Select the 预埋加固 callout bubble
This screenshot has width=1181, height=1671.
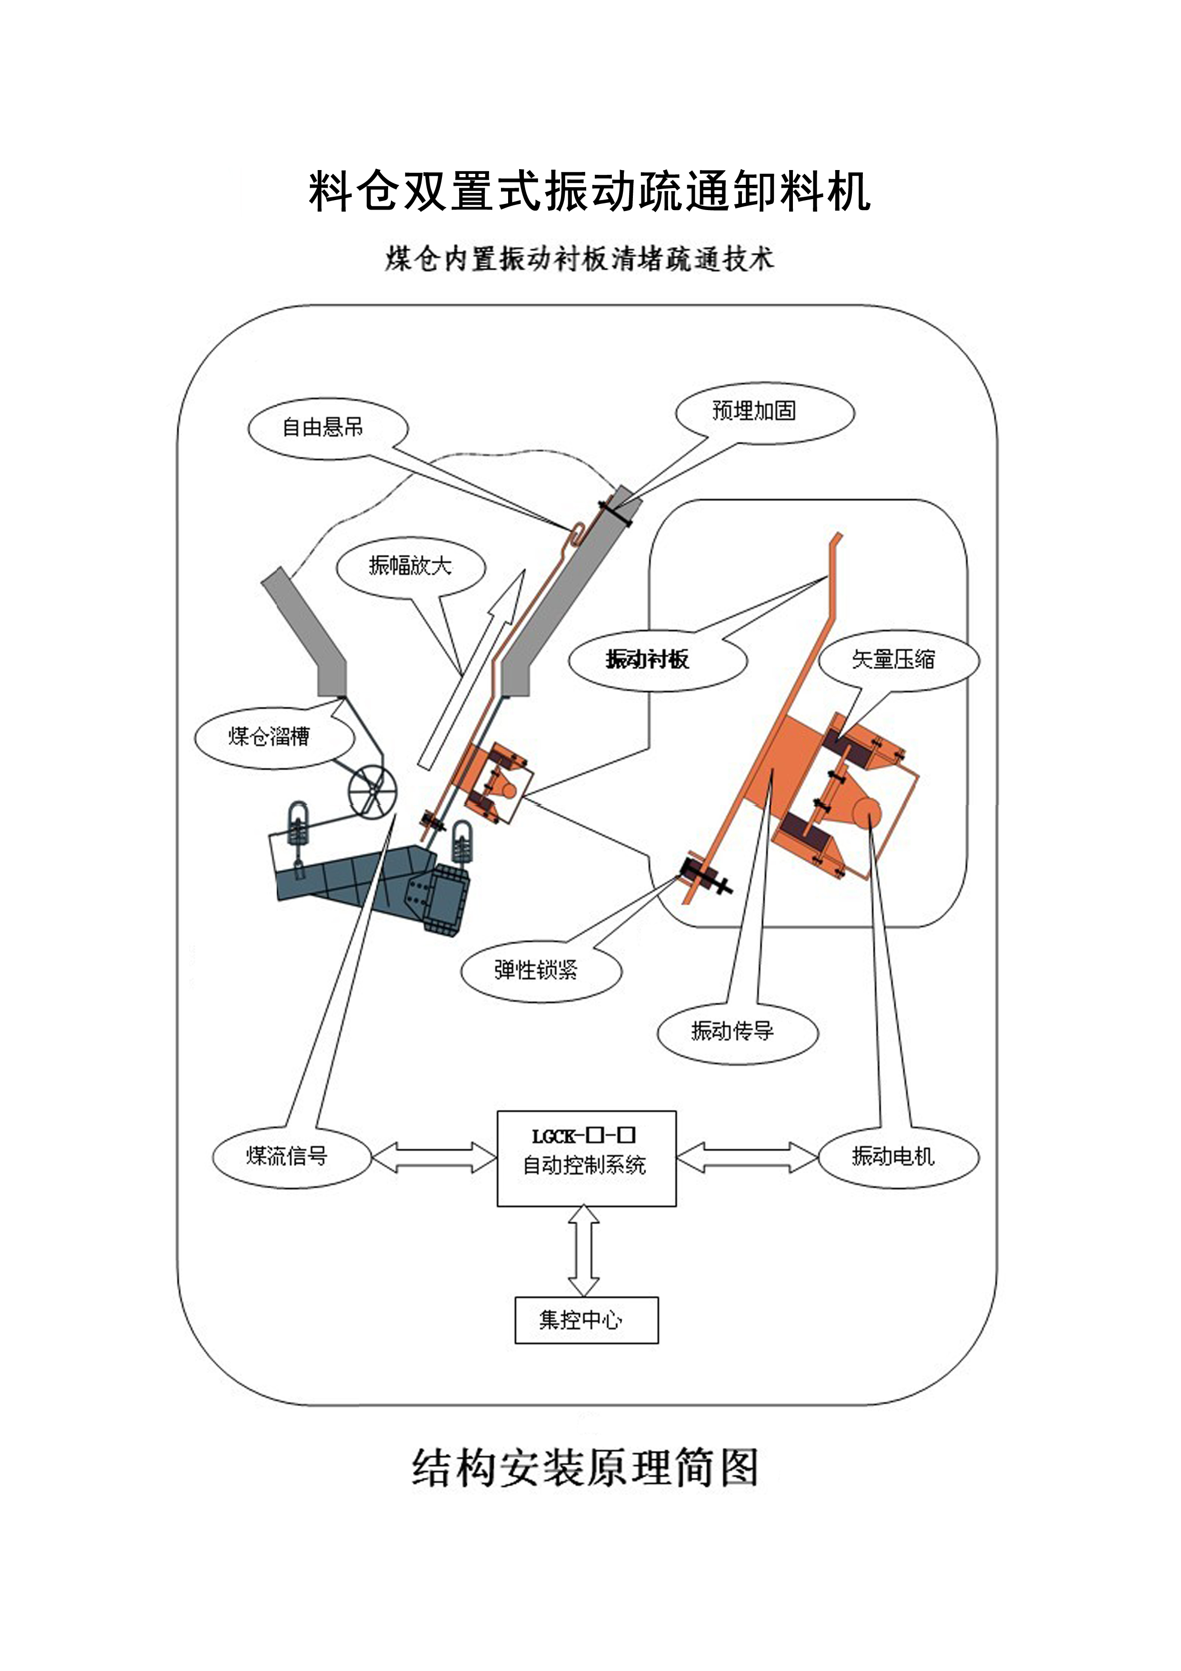tap(764, 412)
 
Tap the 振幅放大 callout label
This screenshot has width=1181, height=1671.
tap(410, 566)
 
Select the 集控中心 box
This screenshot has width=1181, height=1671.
tap(586, 1319)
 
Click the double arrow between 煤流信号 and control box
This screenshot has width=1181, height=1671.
tap(434, 1157)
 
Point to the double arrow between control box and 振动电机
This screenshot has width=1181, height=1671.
tap(747, 1157)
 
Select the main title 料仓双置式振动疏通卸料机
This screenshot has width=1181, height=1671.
tap(590, 191)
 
